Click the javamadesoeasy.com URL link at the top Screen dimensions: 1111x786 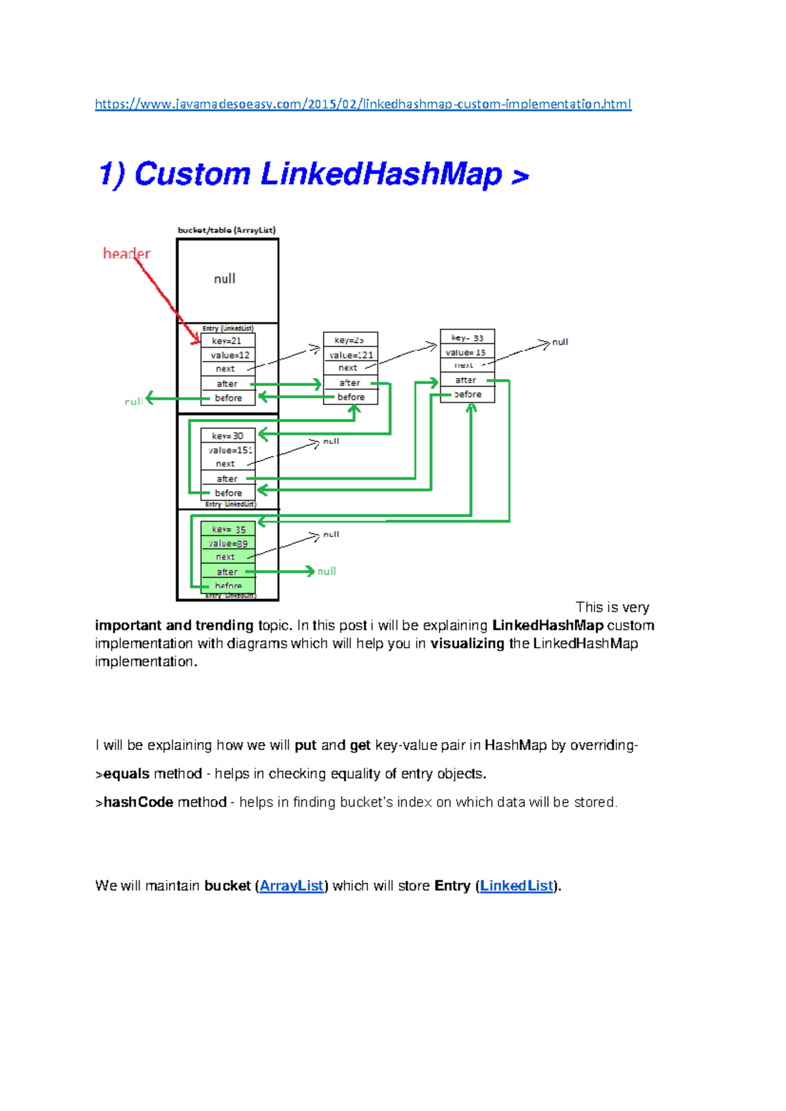coord(363,104)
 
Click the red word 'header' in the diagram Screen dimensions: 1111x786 coord(126,254)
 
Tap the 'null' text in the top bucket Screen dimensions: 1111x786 coord(225,279)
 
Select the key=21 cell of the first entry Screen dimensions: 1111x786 coord(227,341)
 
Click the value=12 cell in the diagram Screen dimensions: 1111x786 coord(229,355)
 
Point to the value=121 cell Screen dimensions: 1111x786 coord(351,355)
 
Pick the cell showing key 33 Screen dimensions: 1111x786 coord(467,338)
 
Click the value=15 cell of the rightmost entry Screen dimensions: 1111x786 coord(466,352)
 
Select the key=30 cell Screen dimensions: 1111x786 coord(227,436)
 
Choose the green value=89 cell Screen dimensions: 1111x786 coord(228,544)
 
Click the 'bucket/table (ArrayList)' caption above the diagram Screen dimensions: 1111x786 coord(227,230)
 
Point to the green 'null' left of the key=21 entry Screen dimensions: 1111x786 coord(134,401)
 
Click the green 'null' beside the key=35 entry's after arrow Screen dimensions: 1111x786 coord(326,571)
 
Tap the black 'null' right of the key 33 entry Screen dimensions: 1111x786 coord(560,342)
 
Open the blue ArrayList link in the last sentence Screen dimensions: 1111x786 coord(291,886)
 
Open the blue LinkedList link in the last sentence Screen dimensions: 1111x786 coord(517,886)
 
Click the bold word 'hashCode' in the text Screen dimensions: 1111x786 coord(138,802)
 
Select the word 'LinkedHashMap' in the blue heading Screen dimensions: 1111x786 coord(381,174)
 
